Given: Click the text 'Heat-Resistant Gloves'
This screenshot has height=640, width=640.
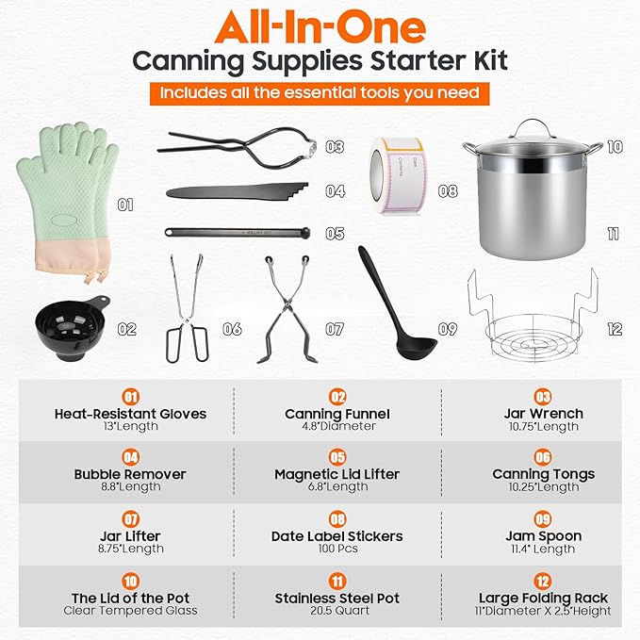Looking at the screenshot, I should pyautogui.click(x=130, y=413).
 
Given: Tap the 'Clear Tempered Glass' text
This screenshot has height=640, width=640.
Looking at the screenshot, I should pyautogui.click(x=130, y=611).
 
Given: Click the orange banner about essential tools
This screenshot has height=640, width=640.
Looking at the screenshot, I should pyautogui.click(x=319, y=94).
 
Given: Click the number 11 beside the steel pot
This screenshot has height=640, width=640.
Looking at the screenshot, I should pyautogui.click(x=613, y=233).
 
